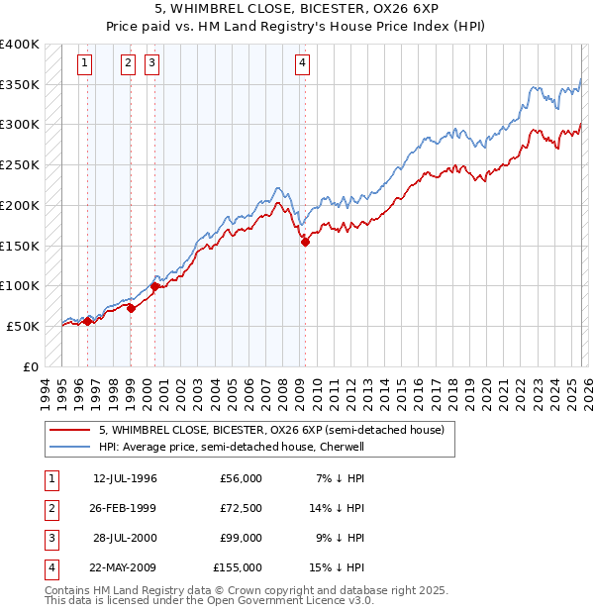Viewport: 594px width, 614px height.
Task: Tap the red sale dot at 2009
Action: [305, 241]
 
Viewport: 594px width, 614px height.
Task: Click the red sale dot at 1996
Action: [87, 321]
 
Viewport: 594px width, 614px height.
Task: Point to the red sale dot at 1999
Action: [132, 308]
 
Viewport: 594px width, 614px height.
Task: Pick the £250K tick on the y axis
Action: [20, 165]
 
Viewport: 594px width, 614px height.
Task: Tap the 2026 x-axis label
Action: [587, 391]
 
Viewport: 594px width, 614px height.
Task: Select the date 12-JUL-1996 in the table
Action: [125, 478]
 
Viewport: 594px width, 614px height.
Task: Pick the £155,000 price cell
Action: [238, 567]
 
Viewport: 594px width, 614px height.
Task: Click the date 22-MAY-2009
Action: [125, 567]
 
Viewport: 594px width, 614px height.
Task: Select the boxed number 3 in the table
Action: [50, 538]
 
